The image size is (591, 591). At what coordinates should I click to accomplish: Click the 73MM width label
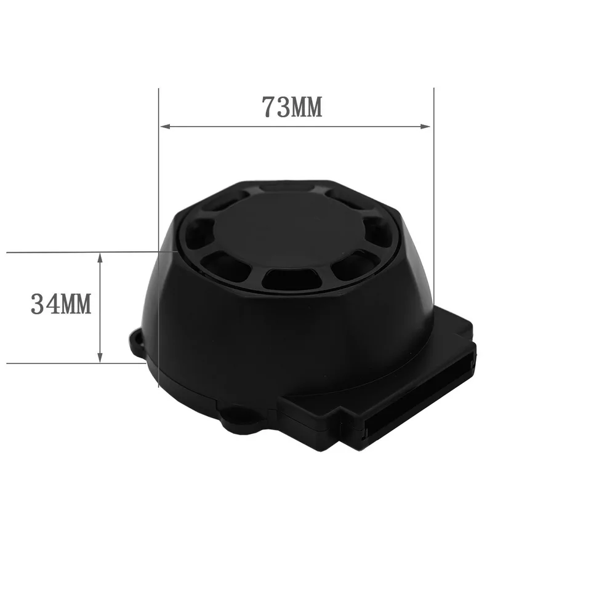click(292, 107)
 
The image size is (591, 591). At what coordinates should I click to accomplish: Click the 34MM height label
click(61, 304)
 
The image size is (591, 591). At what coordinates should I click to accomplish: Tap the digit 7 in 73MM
click(269, 107)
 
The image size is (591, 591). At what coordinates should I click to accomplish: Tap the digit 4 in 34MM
click(52, 304)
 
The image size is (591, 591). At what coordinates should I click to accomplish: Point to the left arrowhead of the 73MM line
click(166, 126)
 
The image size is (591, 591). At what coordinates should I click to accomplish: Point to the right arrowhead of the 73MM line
click(425, 126)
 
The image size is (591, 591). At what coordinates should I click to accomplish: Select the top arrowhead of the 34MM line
click(100, 259)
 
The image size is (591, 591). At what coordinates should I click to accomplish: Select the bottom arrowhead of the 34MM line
click(100, 357)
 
